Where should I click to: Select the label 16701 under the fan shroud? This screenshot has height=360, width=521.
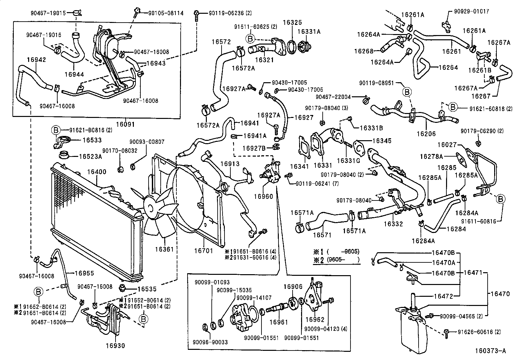[204, 251]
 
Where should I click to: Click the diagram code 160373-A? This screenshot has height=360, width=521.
[490, 351]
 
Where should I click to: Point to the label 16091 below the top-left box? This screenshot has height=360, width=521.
[125, 124]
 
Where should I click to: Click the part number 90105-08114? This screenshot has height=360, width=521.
[161, 13]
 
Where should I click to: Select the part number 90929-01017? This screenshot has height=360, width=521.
[472, 11]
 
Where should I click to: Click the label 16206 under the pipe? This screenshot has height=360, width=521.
[426, 134]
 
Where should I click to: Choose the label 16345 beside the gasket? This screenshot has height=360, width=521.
[382, 141]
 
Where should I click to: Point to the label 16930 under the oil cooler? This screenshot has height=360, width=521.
[115, 345]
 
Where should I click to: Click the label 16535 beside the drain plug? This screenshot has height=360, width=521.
[147, 289]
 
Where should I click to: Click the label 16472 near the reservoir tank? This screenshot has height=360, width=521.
[443, 296]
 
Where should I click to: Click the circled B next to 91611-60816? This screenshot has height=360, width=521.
[501, 199]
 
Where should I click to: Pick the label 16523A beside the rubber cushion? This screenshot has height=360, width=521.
[90, 157]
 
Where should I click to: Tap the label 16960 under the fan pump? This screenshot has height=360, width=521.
[263, 196]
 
